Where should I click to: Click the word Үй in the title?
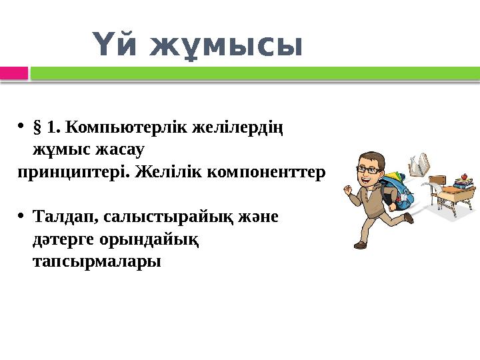coord(116,46)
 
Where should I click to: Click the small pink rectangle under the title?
coord(14,73)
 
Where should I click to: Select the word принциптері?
coord(74,172)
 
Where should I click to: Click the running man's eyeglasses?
coord(368,169)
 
